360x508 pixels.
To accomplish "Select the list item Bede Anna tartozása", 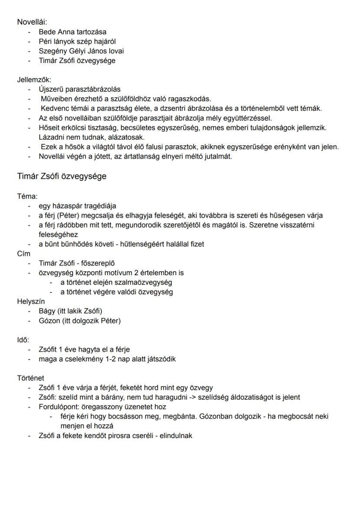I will coord(72,32).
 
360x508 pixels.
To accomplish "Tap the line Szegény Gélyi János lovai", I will coord(81,51).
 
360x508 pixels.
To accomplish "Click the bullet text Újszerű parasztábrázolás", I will coord(80,90).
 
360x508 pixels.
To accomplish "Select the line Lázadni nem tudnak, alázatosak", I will coord(87,137).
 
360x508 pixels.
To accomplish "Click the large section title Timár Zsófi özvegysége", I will coord(62,176).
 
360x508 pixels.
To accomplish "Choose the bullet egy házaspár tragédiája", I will coord(77,206).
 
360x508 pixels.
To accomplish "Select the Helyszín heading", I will coord(31,301).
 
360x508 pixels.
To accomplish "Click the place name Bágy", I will coord(47,311).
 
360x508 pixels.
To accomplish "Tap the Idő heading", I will coord(23,339).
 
